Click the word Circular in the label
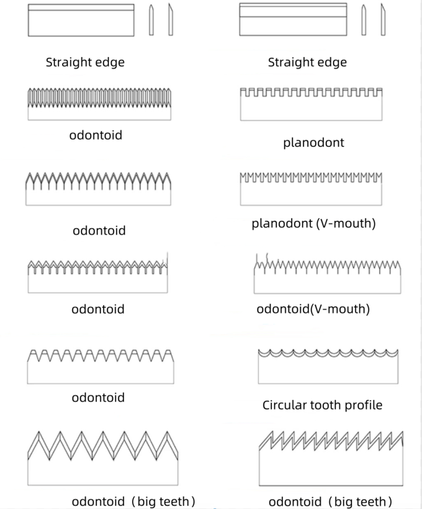coord(282,405)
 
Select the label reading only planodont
coord(313,143)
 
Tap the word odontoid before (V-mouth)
coord(281,309)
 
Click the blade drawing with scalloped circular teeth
coord(328,366)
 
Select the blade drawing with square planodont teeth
coord(311,104)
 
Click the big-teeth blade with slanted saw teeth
coord(331,458)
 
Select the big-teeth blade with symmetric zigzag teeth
coord(103,458)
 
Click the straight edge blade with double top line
coord(292,20)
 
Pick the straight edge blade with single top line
coord(81,20)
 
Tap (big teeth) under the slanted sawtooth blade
coord(359,502)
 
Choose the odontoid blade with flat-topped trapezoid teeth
coord(101,366)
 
